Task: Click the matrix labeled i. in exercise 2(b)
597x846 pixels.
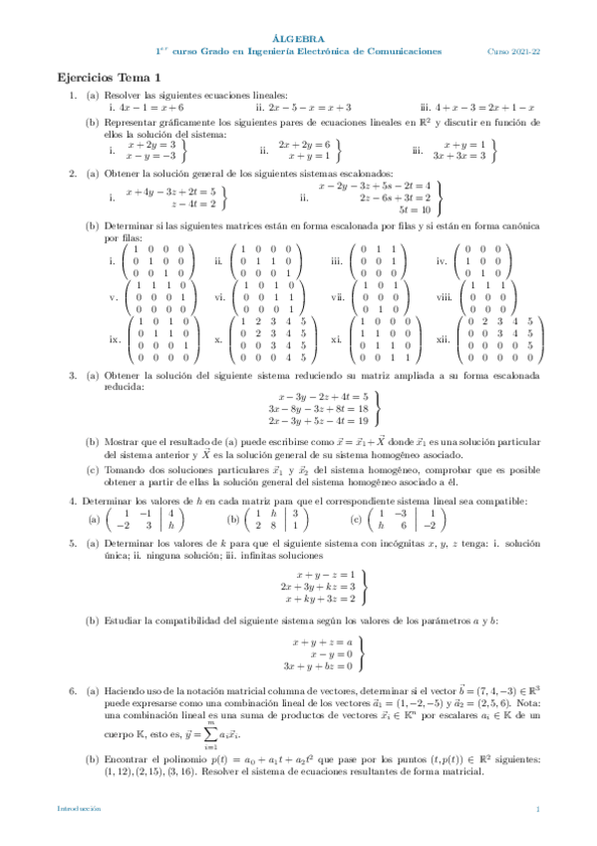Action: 160,261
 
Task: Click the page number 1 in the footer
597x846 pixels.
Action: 537,808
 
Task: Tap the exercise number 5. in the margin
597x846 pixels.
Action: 73,543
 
